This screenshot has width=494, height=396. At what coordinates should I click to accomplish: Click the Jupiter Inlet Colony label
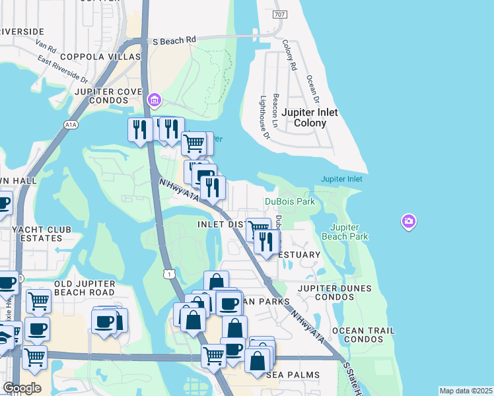click(309, 117)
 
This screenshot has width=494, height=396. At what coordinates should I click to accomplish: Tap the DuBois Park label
click(290, 201)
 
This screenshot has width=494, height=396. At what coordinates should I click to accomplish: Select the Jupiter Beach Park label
click(345, 231)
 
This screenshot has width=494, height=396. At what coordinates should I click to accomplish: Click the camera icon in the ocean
click(409, 221)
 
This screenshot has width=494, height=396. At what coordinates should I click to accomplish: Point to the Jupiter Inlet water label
click(341, 179)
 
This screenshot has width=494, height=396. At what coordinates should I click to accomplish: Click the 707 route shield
click(279, 15)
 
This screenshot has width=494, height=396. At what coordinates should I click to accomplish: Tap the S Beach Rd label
click(174, 40)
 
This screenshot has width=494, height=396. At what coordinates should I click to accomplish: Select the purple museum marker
click(155, 100)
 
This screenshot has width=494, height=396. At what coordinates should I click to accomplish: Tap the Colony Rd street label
click(289, 55)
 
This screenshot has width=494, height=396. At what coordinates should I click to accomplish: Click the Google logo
click(21, 388)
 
